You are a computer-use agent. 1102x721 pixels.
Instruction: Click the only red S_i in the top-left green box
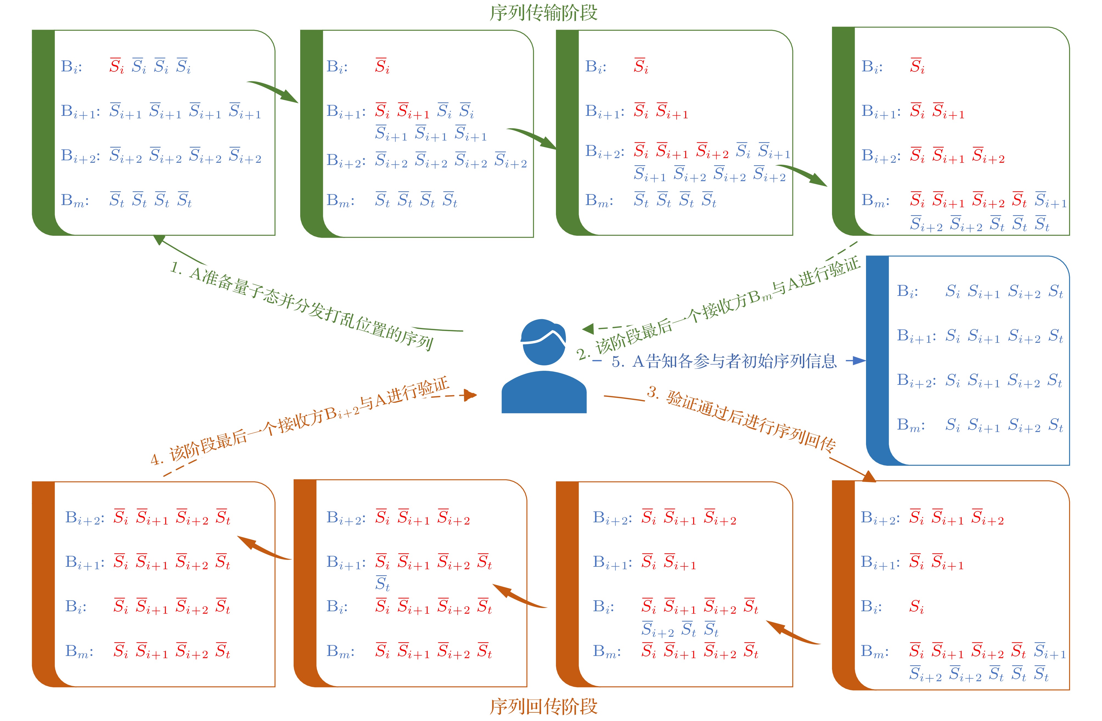coord(116,66)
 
